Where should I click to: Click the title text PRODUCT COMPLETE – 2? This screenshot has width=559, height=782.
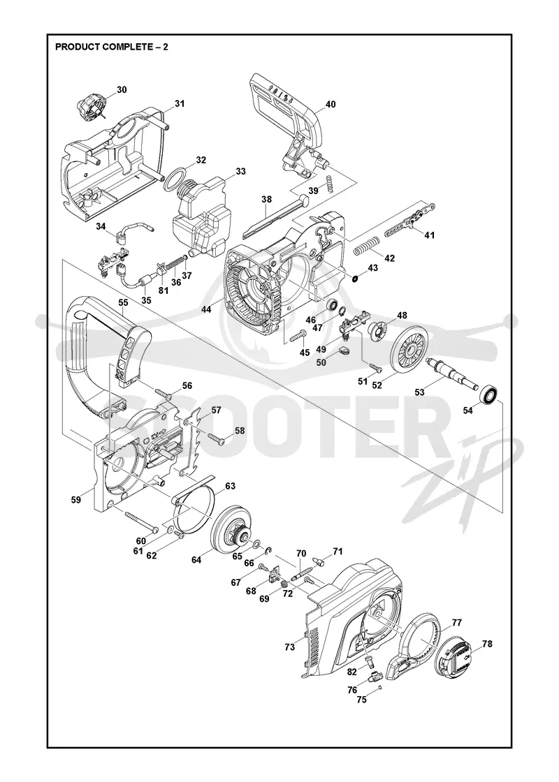tap(111, 47)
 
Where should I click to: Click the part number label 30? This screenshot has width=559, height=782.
tap(122, 90)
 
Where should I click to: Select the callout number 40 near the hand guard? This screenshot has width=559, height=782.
tap(331, 104)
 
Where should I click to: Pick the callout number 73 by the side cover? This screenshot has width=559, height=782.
tap(289, 647)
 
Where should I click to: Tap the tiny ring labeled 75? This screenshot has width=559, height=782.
tap(380, 688)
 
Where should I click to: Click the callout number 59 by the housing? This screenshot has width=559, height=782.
tap(75, 499)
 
